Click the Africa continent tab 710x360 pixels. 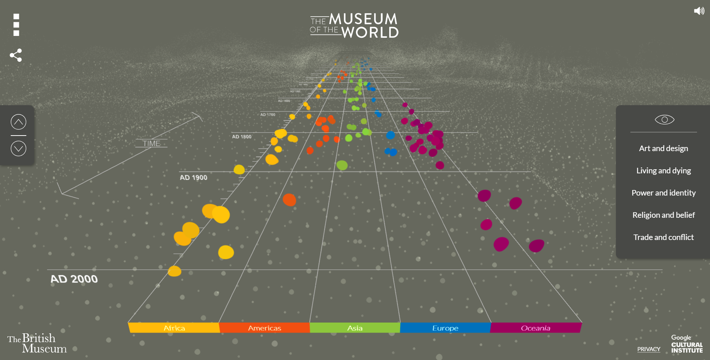(174, 328)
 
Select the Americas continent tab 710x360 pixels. (264, 328)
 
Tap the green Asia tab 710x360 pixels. (355, 328)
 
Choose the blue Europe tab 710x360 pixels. (445, 328)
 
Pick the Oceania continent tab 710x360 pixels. (536, 328)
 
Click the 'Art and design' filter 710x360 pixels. (663, 149)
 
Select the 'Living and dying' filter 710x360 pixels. (663, 171)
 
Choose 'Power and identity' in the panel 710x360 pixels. (663, 193)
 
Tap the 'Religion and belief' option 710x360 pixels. (663, 215)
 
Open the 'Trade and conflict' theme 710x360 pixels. (663, 237)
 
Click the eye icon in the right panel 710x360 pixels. (664, 120)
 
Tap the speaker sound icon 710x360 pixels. (699, 11)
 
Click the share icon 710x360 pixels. (16, 55)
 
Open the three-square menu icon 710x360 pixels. (16, 25)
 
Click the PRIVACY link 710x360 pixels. (649, 349)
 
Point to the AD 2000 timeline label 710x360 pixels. (74, 279)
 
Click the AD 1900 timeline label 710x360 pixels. (193, 177)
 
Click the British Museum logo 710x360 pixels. (37, 343)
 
